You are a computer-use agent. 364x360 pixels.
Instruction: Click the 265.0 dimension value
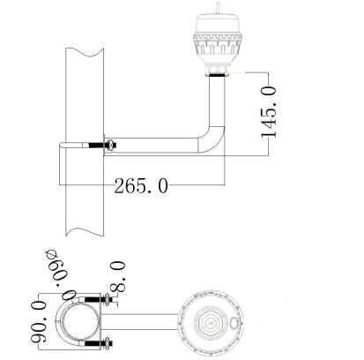pyautogui.click(x=141, y=186)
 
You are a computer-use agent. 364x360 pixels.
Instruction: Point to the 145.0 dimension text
pyautogui.click(x=269, y=112)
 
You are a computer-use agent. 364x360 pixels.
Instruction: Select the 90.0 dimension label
pyautogui.click(x=39, y=321)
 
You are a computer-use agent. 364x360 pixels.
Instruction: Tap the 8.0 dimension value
pyautogui.click(x=117, y=277)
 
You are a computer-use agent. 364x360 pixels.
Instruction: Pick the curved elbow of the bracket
pyautogui.click(x=212, y=139)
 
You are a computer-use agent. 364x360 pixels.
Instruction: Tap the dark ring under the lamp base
pyautogui.click(x=217, y=75)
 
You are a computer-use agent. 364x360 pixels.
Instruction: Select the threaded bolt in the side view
pyautogui.click(x=96, y=145)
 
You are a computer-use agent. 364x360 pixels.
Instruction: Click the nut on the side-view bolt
pyautogui.click(x=111, y=145)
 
